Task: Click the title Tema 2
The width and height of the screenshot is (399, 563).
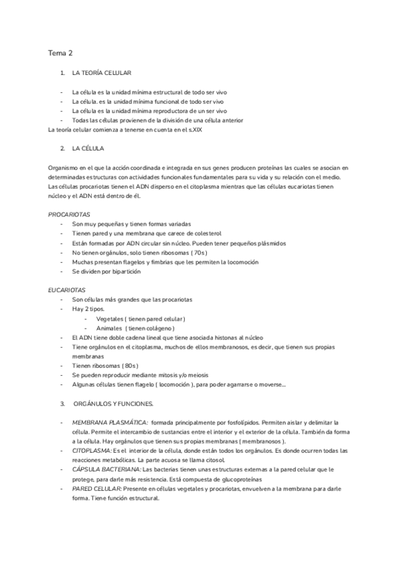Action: click(x=60, y=52)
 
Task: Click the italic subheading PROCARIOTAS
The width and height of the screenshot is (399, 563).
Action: click(x=68, y=215)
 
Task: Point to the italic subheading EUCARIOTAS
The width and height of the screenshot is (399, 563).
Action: click(x=67, y=290)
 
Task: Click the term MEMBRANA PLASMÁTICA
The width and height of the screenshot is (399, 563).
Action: click(x=110, y=422)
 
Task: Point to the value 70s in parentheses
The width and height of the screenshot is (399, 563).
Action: click(x=198, y=253)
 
